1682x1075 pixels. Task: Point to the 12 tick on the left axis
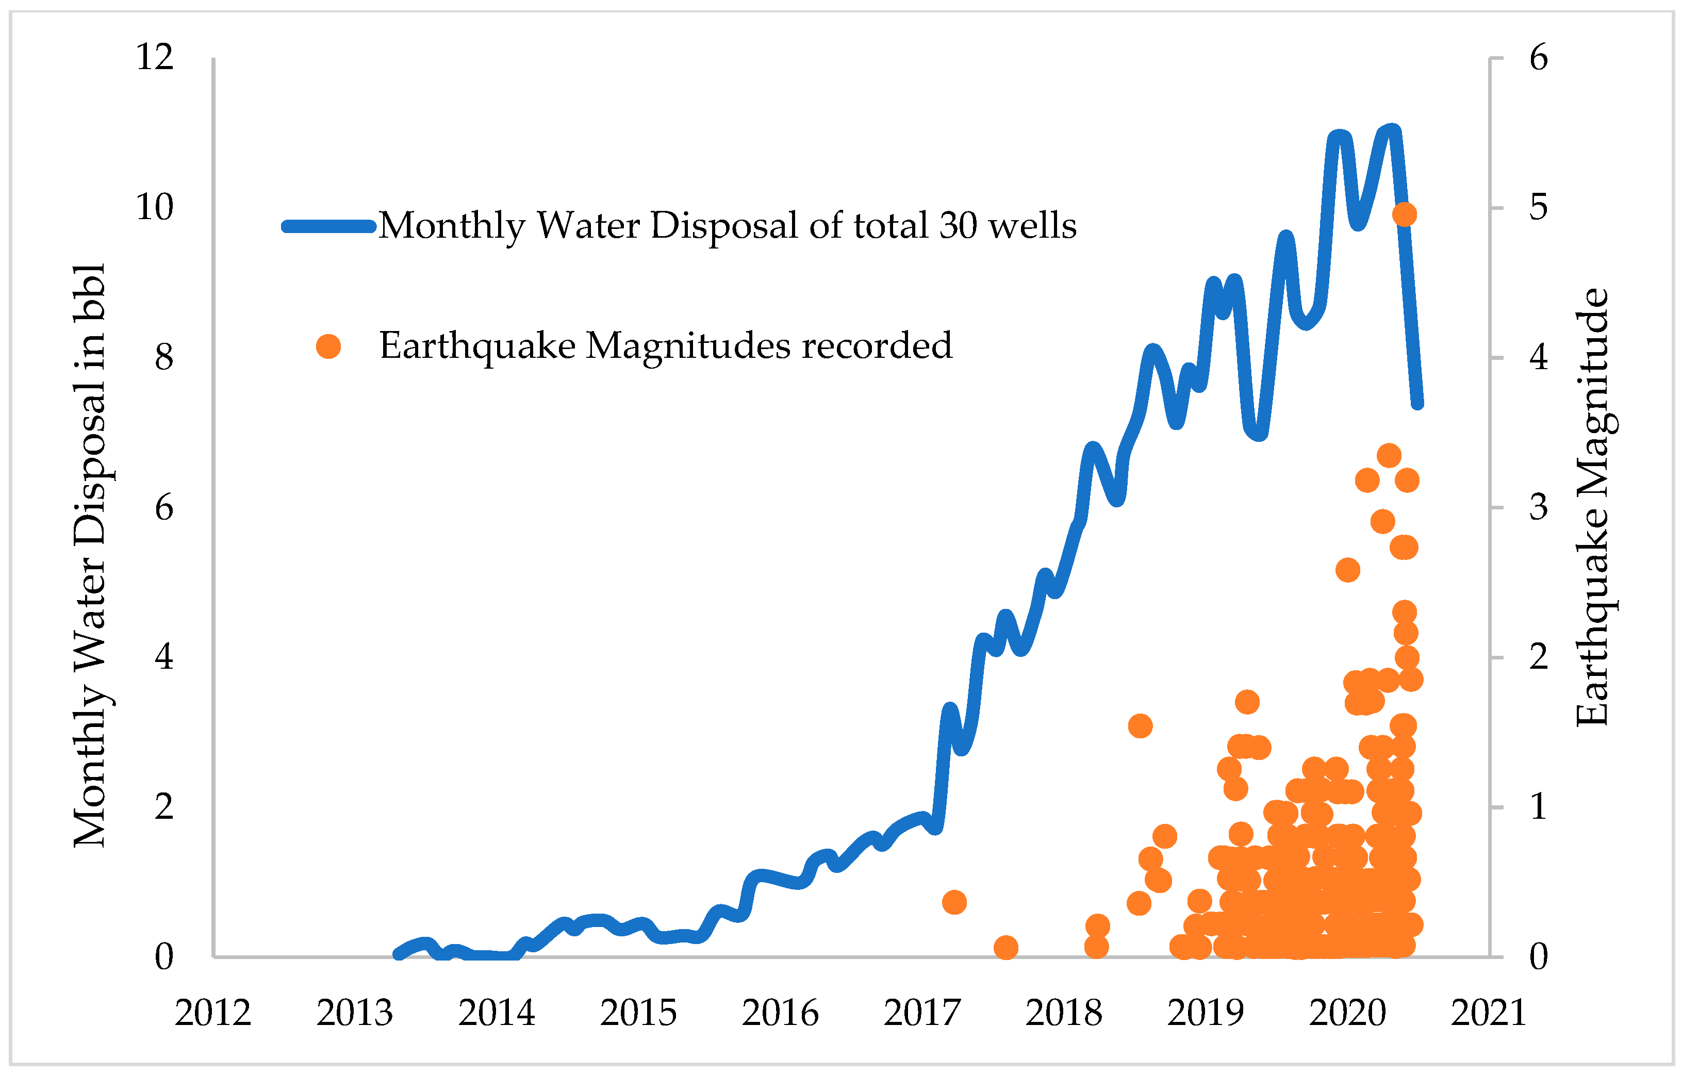[154, 57]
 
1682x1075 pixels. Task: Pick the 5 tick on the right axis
[1538, 207]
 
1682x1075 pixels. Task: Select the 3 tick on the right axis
[1538, 507]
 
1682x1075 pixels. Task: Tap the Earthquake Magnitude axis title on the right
[1593, 507]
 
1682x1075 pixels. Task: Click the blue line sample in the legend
[329, 226]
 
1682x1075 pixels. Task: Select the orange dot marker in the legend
[328, 346]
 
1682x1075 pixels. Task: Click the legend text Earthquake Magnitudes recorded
[666, 346]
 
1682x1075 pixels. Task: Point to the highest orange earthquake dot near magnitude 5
[1404, 214]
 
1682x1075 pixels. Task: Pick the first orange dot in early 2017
[954, 902]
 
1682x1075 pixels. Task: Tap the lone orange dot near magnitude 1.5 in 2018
[1140, 726]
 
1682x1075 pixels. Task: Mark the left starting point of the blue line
[398, 954]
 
